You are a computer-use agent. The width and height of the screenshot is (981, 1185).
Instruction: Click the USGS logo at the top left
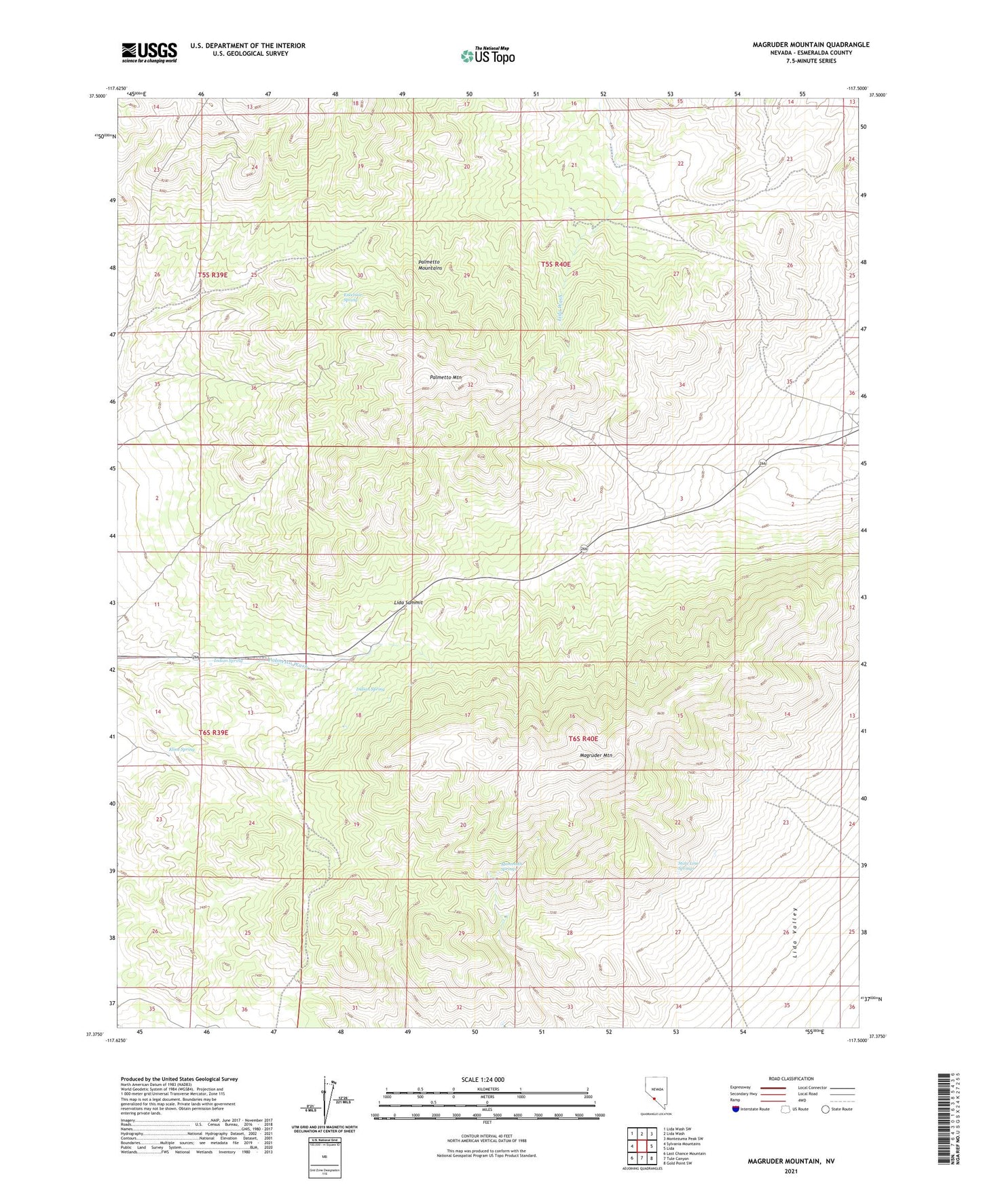coord(149,52)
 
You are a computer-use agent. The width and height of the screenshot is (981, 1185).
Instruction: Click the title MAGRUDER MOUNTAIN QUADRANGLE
coord(811,45)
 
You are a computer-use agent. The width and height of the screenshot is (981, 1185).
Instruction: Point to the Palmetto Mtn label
coord(445,377)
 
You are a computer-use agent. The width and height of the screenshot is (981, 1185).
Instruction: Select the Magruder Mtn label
coord(596,755)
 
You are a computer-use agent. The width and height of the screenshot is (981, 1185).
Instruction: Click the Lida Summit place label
coord(408,603)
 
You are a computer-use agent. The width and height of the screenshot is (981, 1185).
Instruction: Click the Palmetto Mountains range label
coord(430,265)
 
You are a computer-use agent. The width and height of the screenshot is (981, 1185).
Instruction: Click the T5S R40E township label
coord(555,264)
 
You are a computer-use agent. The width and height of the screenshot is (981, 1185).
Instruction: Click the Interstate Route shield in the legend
coord(736,1109)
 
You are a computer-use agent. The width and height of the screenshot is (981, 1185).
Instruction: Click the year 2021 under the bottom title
coord(791,1171)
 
